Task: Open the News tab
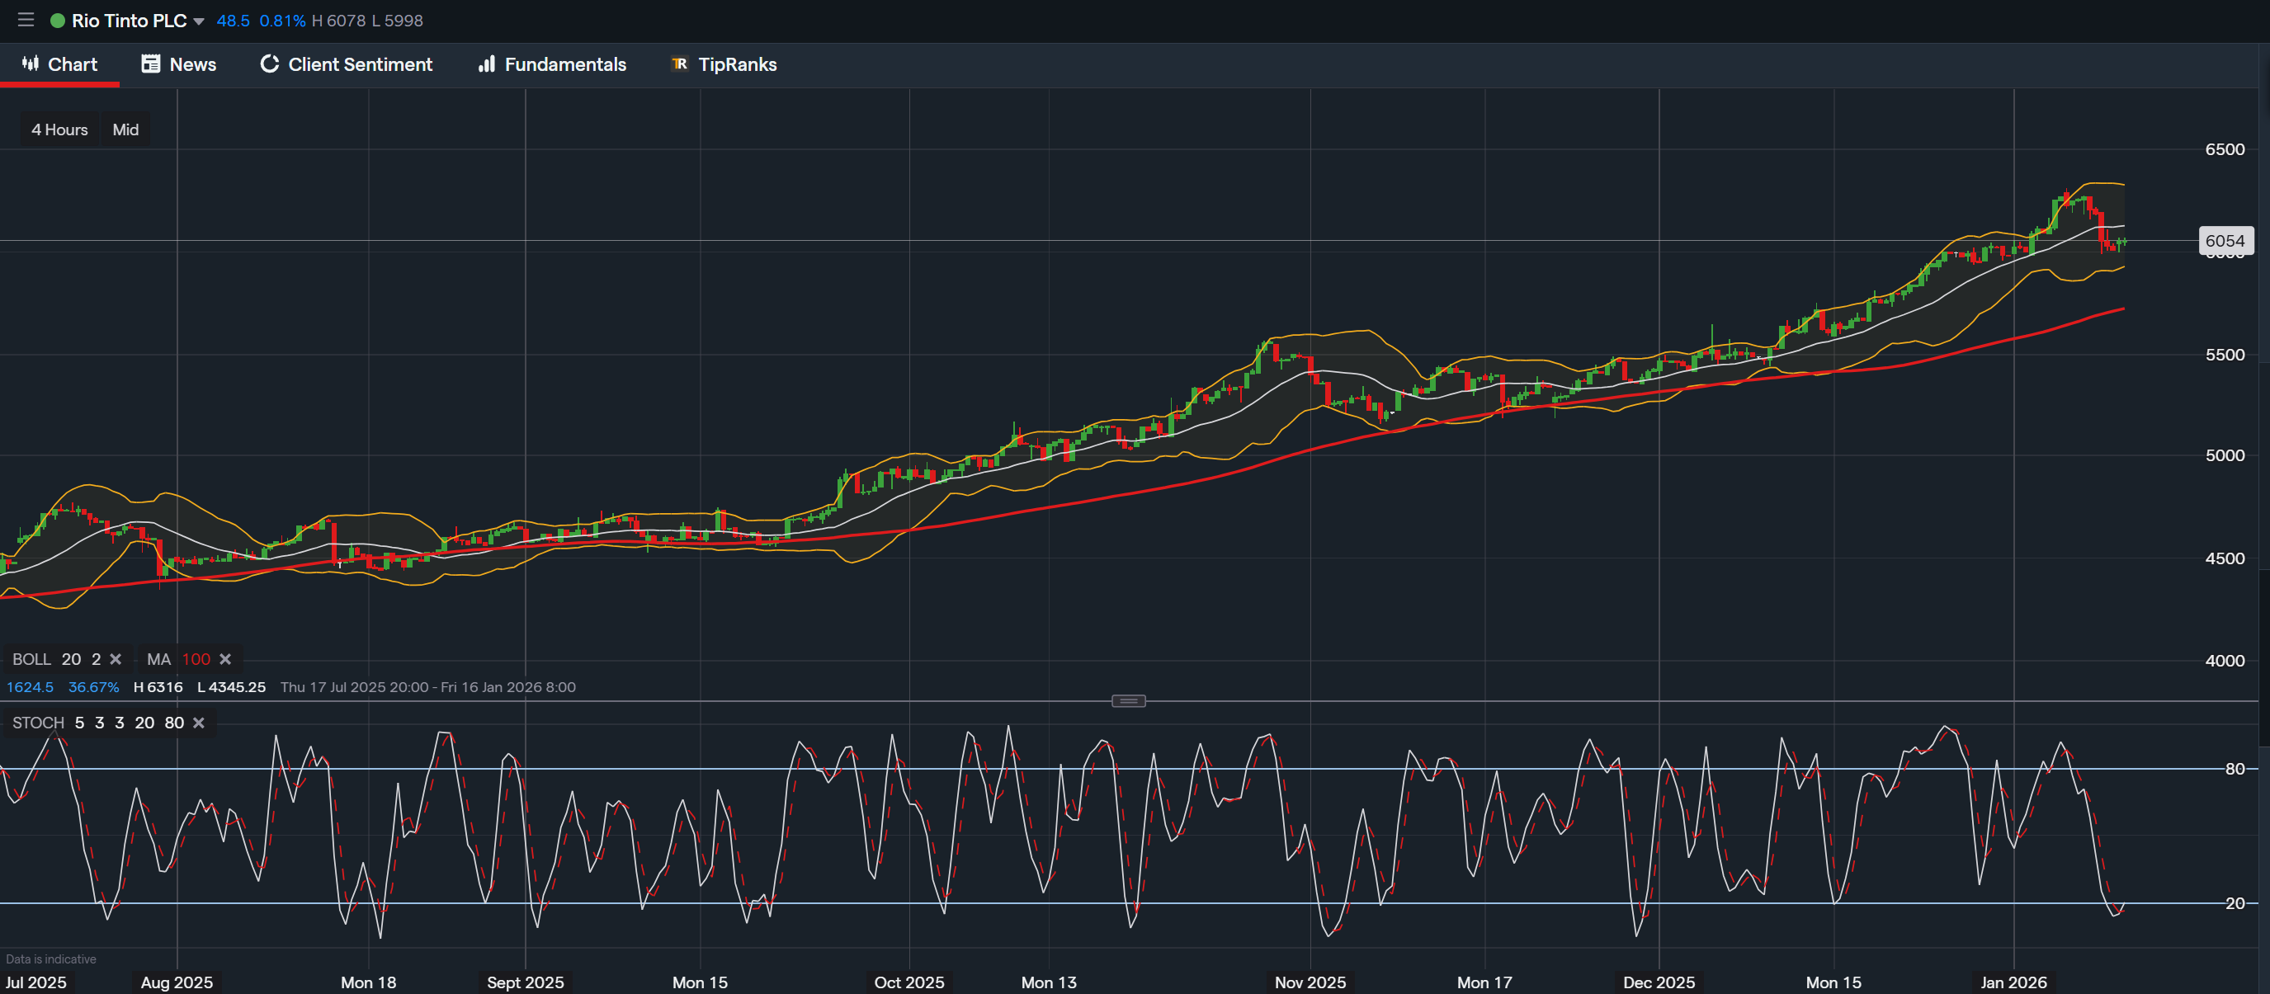pos(179,64)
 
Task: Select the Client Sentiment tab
pos(347,64)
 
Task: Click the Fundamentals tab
pos(552,64)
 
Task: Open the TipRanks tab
pos(724,64)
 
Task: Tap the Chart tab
pos(60,64)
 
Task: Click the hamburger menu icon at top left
pos(26,21)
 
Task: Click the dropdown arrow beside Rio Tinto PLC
pos(199,21)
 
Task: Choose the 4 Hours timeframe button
pos(60,130)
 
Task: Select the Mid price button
pos(125,130)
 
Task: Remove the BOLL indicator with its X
pos(116,659)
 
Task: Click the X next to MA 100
pos(225,659)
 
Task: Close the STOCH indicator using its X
pos(199,723)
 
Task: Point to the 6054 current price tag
pos(2224,241)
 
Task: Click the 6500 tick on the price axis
pos(2224,149)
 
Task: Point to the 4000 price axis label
pos(2224,660)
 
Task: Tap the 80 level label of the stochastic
pos(2235,769)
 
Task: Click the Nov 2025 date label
pos(1310,982)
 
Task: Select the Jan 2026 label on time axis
pos(2013,982)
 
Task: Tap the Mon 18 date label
pos(368,982)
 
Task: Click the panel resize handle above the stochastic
pos(1128,700)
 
